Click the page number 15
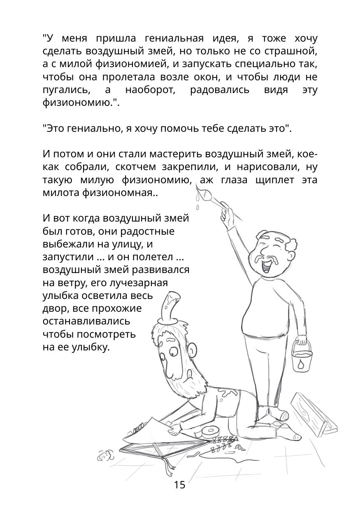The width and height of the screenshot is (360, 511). click(179, 485)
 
